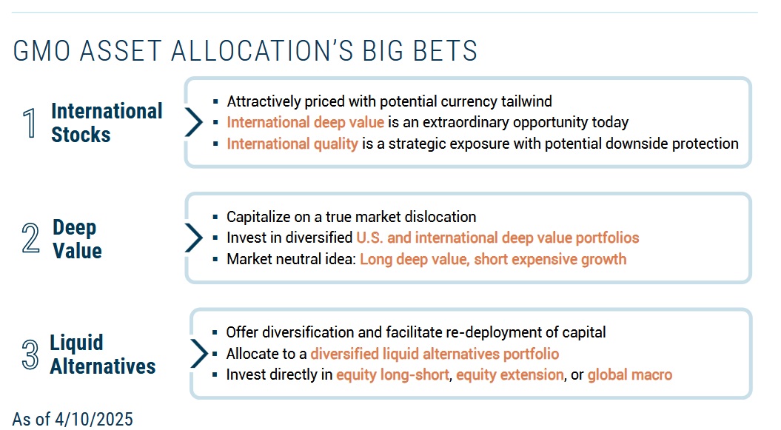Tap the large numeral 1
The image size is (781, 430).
point(30,123)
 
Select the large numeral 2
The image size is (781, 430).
point(30,238)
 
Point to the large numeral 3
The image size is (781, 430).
point(30,354)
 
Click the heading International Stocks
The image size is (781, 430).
point(107,123)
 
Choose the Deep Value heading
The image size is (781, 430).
point(77,239)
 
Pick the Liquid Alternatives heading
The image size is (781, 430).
point(103,355)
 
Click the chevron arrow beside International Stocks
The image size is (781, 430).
point(194,122)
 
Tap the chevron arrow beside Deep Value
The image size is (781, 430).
point(194,238)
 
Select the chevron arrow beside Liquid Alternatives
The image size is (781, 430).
point(198,353)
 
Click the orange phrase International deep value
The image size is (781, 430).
point(305,122)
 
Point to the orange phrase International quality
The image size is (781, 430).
point(292,144)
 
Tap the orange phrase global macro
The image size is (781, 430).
point(629,374)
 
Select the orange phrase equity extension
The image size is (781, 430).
point(509,374)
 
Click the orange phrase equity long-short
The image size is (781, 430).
point(392,374)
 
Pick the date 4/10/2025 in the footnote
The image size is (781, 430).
point(93,419)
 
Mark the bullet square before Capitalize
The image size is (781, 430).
point(215,217)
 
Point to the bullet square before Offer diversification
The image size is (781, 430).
point(215,332)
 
